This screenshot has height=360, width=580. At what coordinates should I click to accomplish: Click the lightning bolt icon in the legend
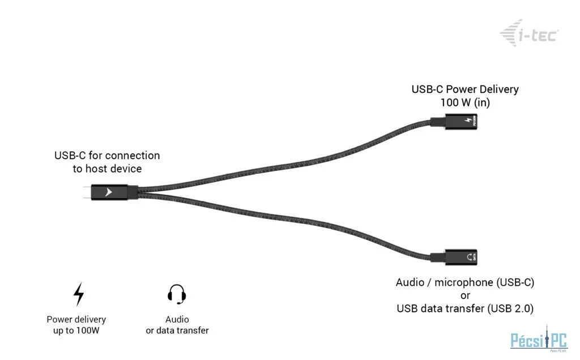coord(79,294)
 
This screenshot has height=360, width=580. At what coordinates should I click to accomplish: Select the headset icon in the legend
coord(177,294)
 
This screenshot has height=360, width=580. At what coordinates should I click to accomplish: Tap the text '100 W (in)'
coord(464,102)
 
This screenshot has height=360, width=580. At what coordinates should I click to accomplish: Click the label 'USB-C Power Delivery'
coord(464,89)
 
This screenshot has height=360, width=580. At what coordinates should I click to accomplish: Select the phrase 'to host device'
coord(106,169)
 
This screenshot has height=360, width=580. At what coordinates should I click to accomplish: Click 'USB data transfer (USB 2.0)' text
coord(464,308)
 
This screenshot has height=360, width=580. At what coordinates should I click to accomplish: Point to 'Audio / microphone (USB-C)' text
coord(464,282)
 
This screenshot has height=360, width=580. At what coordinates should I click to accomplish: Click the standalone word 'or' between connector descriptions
coord(464,295)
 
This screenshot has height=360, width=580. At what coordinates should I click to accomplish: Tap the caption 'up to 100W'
coord(76,330)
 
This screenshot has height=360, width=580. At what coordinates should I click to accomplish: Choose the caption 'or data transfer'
coord(177,330)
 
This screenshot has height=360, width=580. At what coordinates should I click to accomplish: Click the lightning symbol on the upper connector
coord(468,122)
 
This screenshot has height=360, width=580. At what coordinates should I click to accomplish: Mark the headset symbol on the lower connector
coord(468,258)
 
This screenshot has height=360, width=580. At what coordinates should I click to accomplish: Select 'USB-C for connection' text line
coord(106,155)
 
